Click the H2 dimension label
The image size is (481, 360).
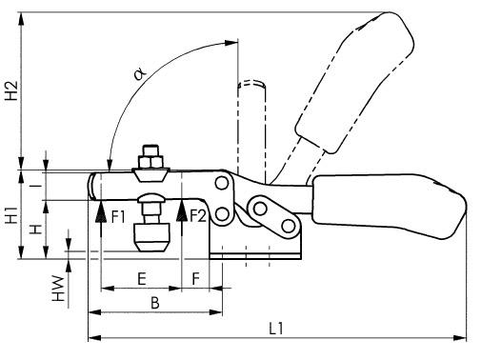pyautogui.click(x=12, y=90)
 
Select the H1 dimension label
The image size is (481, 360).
pyautogui.click(x=12, y=214)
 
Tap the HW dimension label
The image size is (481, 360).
pyautogui.click(x=58, y=289)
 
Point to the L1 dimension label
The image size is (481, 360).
pyautogui.click(x=276, y=329)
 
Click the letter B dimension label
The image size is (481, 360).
pyautogui.click(x=155, y=303)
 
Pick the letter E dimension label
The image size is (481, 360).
pyautogui.click(x=142, y=279)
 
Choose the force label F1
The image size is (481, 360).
pyautogui.click(x=118, y=217)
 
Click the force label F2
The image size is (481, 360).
pyautogui.click(x=198, y=216)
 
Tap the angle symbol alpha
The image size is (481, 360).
pyautogui.click(x=140, y=74)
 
